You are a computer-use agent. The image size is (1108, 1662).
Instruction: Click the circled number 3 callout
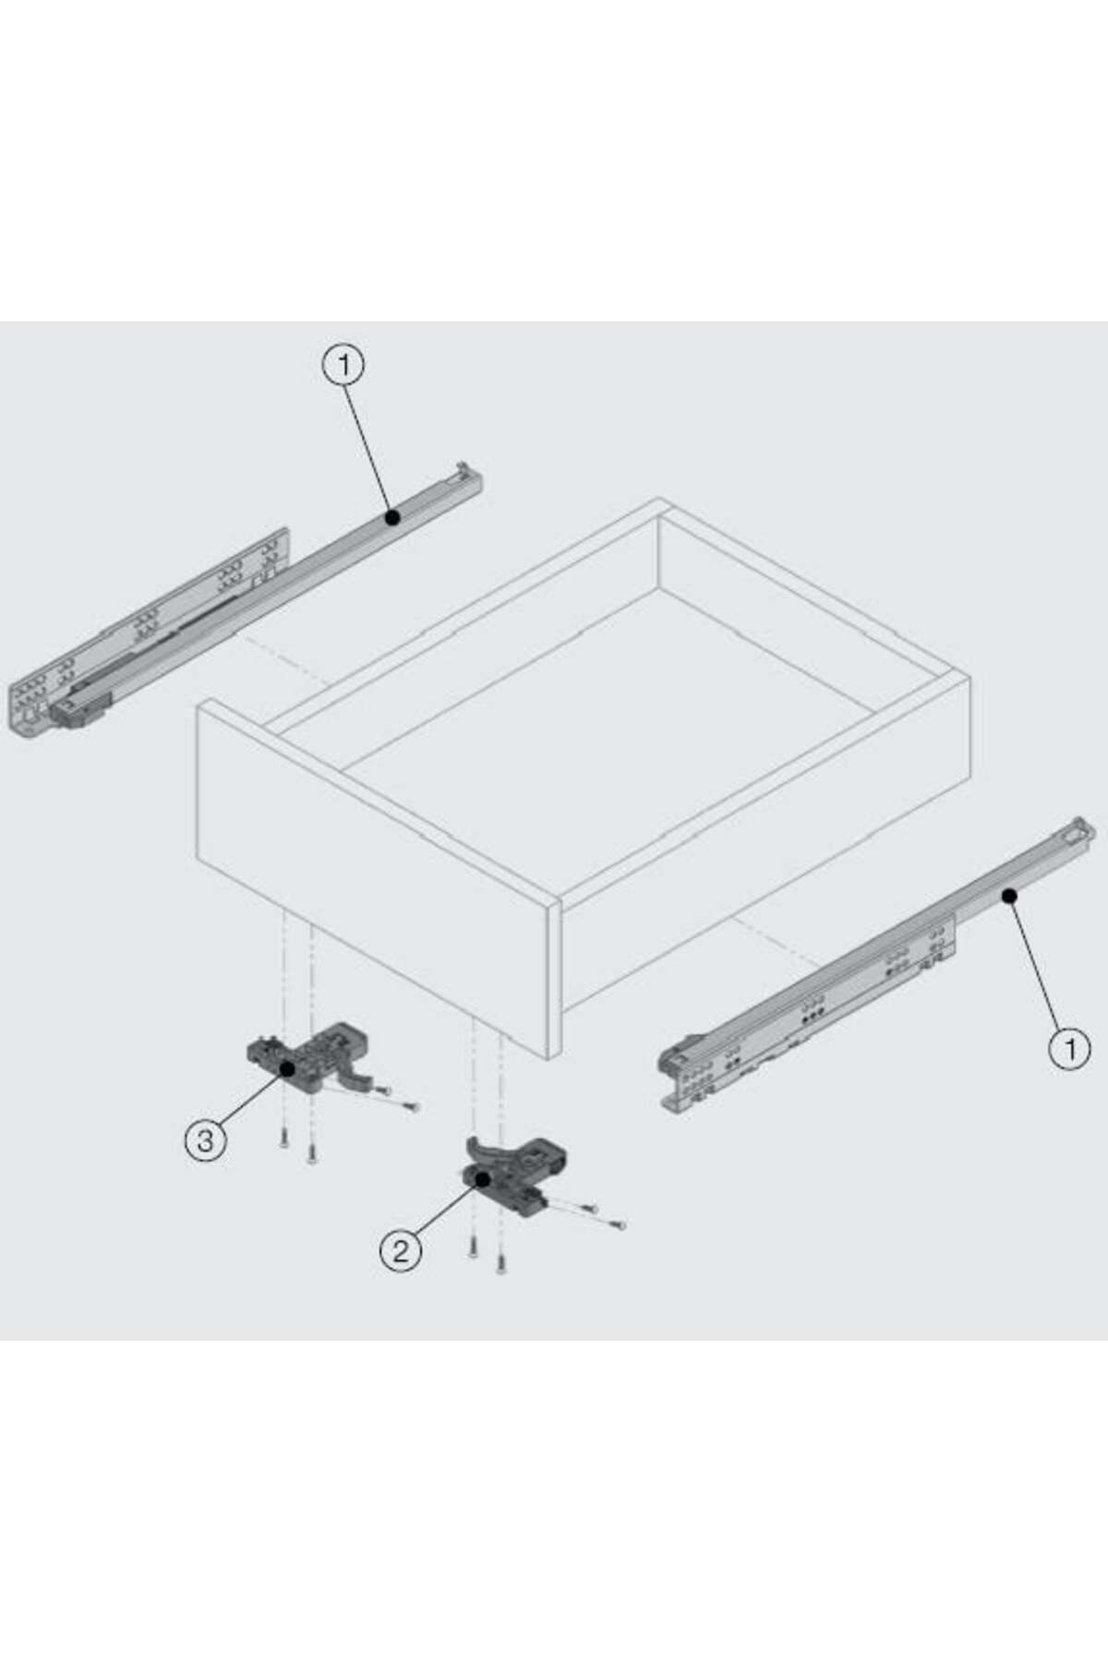point(205,1140)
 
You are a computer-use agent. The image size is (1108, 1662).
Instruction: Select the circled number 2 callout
point(401,1251)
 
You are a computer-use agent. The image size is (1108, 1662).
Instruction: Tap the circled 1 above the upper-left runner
point(343,366)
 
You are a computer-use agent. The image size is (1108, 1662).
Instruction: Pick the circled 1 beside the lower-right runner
point(1070,1049)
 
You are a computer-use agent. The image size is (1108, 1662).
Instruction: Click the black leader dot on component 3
point(287,1069)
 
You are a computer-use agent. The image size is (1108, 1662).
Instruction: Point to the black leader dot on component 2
point(482,1179)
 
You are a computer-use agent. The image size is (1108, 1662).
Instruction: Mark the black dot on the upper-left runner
point(392,519)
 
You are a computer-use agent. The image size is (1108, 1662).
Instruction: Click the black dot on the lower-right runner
point(1009,895)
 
